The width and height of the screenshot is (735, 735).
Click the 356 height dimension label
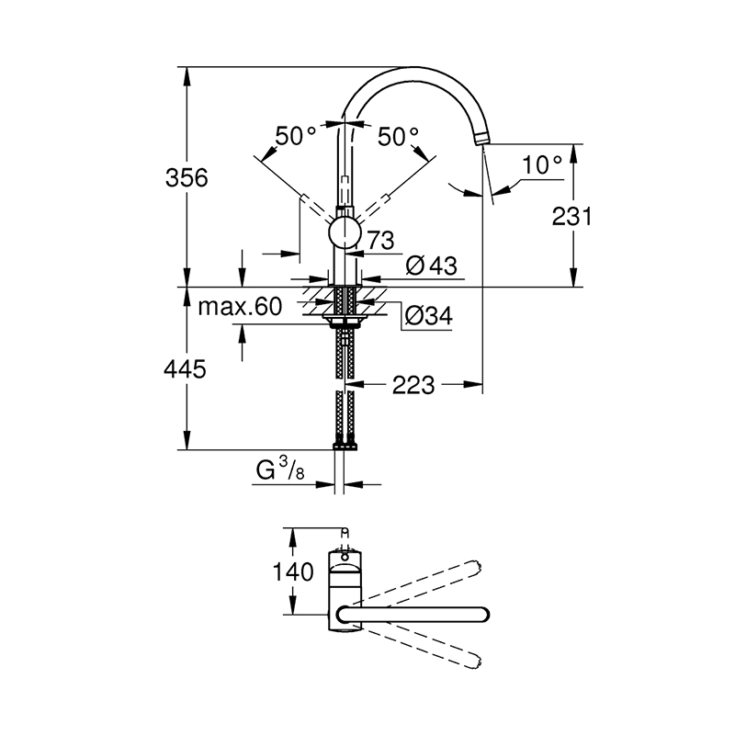187,178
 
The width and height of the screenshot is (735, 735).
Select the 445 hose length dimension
185,369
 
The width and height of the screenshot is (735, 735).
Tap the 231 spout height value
571,217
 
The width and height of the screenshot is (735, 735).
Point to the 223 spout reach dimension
413,385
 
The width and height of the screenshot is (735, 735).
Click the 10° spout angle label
542,164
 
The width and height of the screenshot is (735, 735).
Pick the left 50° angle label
295,136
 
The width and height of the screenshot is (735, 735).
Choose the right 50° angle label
398,137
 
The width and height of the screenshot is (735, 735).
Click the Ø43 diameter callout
431,266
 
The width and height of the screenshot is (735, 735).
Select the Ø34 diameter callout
428,315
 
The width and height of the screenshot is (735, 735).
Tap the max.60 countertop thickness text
240,307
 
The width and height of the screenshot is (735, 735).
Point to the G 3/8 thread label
280,469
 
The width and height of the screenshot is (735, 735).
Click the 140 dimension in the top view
293,571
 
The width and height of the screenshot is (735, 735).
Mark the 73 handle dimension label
380,241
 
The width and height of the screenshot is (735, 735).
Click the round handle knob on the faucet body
345,233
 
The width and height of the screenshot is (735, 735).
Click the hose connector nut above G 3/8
345,447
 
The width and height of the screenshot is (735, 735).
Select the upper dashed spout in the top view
422,580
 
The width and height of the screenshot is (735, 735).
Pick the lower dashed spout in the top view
422,648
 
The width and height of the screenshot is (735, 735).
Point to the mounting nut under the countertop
345,320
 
